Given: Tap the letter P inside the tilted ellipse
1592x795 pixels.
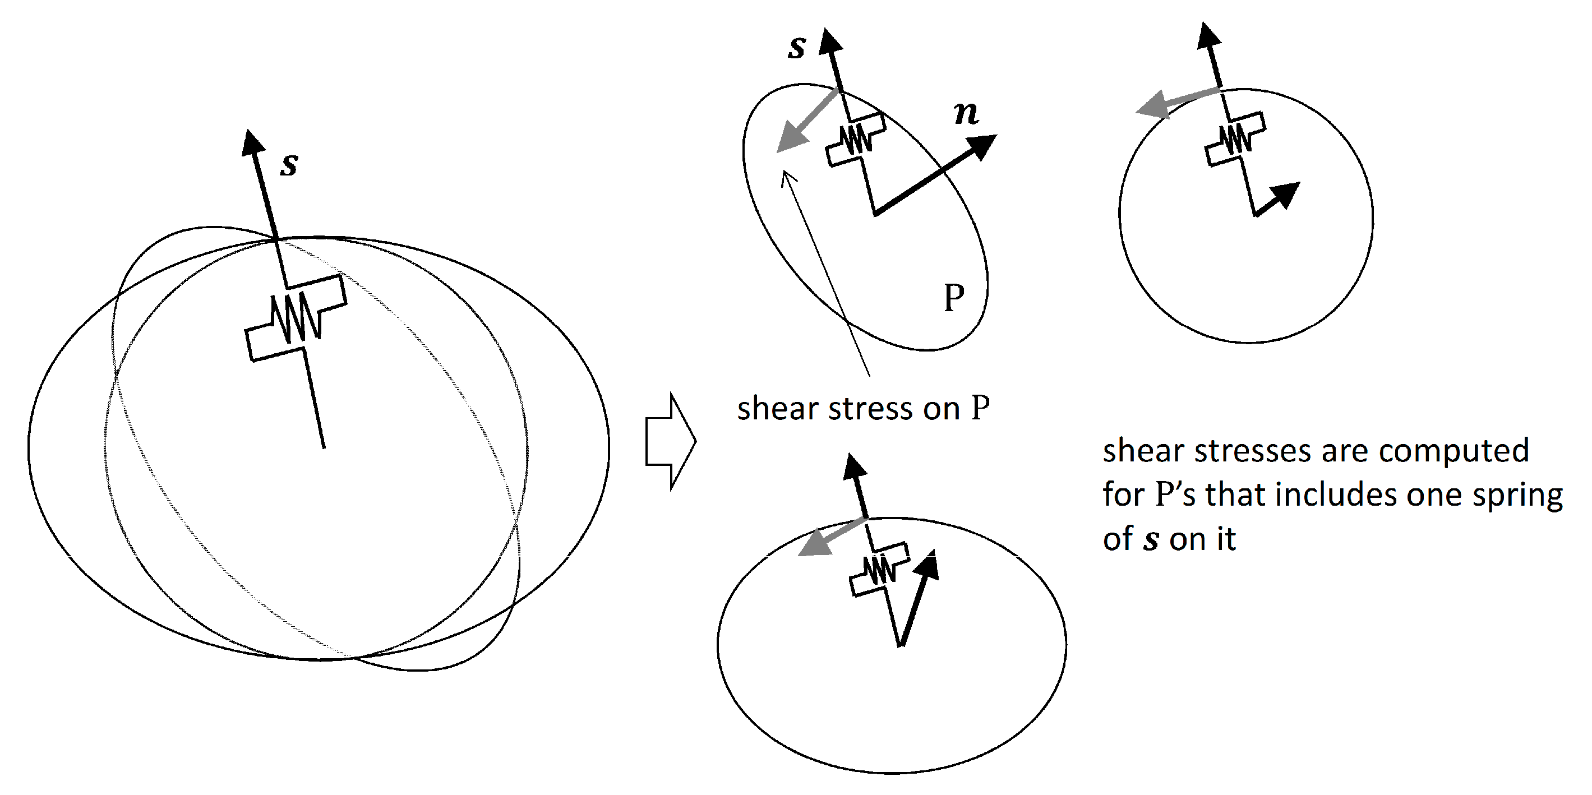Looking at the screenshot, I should point(954,298).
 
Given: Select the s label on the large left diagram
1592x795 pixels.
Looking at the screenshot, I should point(289,164).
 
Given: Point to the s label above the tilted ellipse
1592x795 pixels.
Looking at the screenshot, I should point(797,47).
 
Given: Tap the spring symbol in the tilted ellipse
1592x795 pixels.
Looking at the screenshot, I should point(856,140).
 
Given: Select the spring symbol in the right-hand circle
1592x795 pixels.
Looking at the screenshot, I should point(1235,139).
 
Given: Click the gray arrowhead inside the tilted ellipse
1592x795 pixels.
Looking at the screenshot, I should point(791,139).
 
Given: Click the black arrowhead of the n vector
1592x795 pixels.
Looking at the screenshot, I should point(982,146).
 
